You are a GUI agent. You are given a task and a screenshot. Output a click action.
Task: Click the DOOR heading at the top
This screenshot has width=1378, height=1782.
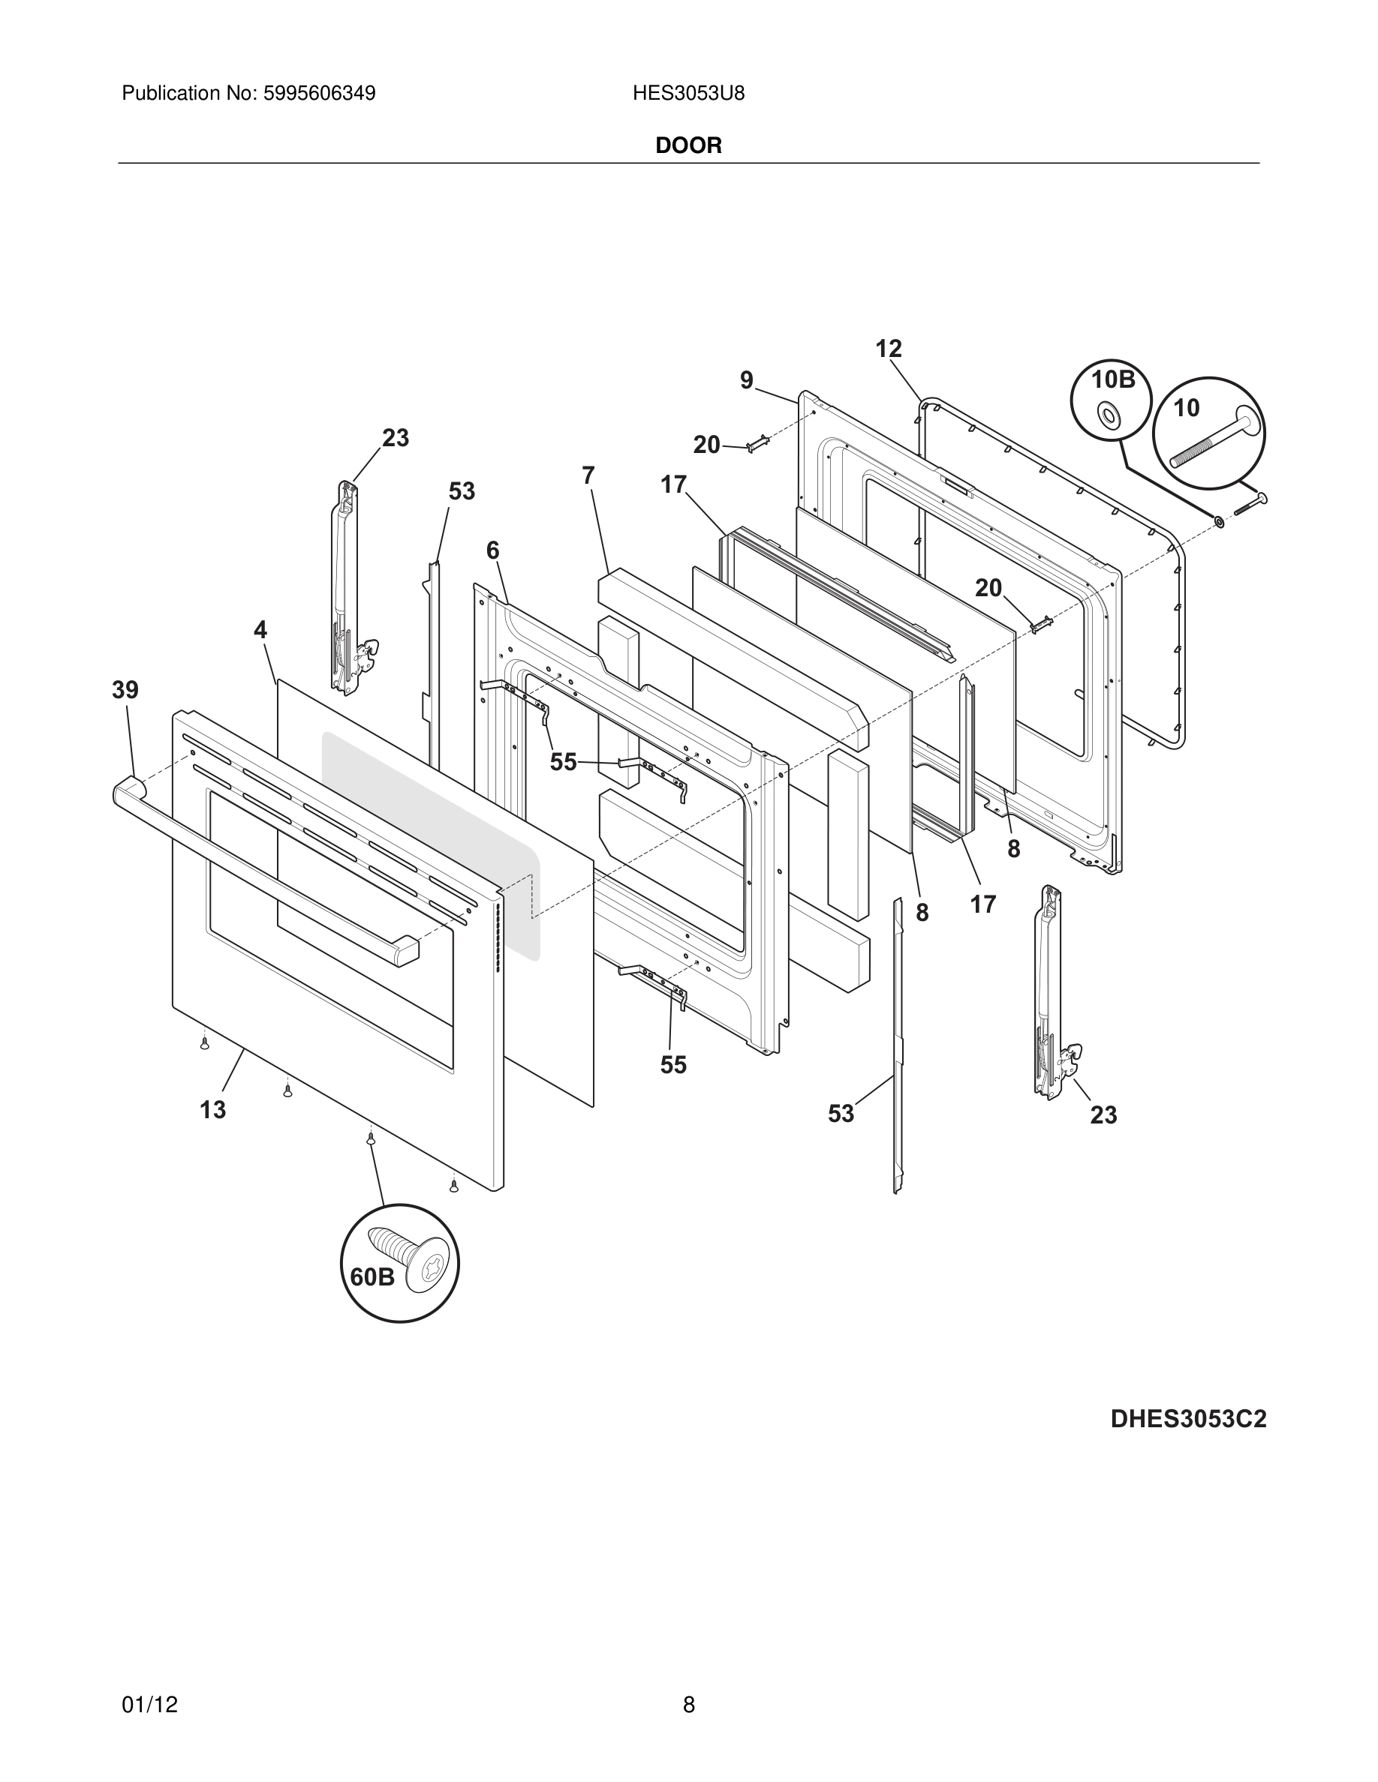tap(688, 146)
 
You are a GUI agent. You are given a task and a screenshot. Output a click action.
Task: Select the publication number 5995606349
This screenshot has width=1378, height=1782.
tap(319, 94)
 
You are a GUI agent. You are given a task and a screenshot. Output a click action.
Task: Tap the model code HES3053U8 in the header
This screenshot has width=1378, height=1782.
tap(688, 94)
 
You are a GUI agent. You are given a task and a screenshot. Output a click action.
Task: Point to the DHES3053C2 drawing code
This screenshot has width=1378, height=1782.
tap(1188, 1419)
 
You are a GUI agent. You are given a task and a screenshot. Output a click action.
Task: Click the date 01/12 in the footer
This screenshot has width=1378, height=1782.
tap(149, 1681)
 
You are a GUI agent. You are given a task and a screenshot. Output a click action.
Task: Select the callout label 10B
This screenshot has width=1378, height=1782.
tap(1114, 379)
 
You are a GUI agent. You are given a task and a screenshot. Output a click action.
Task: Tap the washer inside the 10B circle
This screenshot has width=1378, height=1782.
tap(1109, 415)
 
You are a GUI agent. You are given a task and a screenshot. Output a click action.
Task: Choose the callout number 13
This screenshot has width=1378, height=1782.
tap(213, 1110)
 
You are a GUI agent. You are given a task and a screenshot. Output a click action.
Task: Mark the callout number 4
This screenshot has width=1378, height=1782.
tap(260, 630)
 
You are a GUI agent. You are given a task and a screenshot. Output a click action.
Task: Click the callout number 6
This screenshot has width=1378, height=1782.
tap(492, 550)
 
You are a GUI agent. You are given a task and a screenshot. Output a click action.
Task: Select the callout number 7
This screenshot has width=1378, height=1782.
tap(588, 475)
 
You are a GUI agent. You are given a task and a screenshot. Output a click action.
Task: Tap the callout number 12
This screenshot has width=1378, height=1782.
tap(888, 349)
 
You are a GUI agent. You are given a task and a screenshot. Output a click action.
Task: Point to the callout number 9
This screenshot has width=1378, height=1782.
tap(746, 380)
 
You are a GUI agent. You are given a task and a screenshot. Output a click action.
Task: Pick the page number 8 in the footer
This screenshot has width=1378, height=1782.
tap(688, 1681)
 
